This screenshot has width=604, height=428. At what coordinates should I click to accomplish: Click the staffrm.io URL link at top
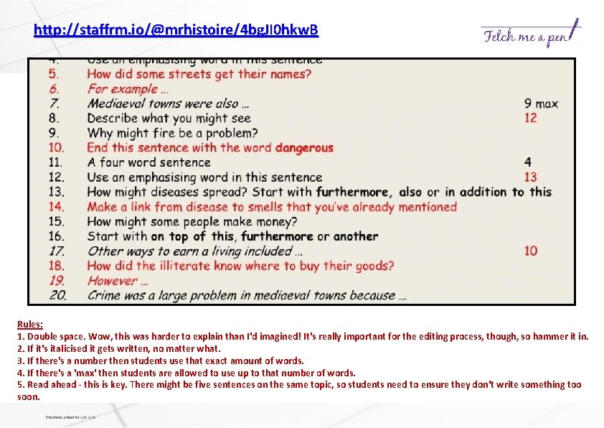176,31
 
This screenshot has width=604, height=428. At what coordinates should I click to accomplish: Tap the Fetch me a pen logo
530,34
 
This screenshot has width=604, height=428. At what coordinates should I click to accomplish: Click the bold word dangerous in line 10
304,148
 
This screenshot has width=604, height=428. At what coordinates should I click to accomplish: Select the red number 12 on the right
530,118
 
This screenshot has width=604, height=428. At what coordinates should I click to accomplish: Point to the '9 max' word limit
541,103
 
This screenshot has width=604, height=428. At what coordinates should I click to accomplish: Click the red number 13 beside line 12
530,177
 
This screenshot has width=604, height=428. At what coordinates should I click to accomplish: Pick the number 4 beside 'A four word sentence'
528,162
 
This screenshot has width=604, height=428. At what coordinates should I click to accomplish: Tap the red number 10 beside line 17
530,251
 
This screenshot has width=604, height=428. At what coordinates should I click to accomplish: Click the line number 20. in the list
58,295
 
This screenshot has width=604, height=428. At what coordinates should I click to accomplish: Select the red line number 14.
57,207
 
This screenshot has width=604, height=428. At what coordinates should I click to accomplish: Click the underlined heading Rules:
30,325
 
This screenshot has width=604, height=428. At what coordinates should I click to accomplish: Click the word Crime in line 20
105,295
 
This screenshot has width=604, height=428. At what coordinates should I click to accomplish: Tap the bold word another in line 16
356,236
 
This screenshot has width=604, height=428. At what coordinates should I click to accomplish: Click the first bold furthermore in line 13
354,192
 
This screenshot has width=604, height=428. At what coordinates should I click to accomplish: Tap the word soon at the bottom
28,396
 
